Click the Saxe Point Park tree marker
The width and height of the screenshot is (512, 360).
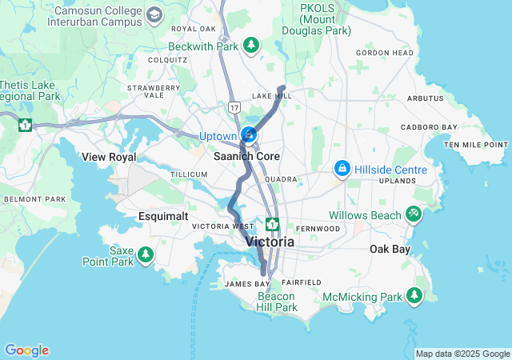(x=145, y=254)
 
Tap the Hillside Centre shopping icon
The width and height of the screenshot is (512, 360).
(x=342, y=168)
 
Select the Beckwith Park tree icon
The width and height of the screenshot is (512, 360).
(x=252, y=46)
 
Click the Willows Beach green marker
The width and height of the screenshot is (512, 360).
(x=413, y=214)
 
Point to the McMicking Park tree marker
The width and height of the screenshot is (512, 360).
(x=414, y=296)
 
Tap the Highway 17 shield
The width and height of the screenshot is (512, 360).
(x=233, y=106)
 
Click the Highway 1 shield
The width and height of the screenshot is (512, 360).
(x=26, y=125)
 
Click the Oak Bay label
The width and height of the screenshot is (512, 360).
(x=390, y=250)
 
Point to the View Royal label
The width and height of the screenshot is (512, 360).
(x=109, y=157)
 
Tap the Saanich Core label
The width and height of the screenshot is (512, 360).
(x=246, y=156)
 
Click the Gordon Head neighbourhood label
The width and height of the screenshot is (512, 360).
(x=385, y=53)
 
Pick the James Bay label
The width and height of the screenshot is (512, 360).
(x=247, y=284)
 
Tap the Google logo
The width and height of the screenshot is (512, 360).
(x=26, y=350)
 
